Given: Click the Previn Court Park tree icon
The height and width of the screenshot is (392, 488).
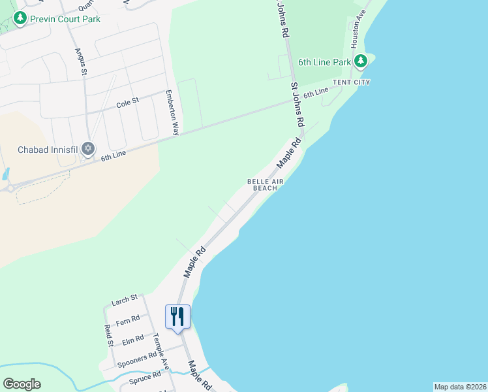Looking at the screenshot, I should (x=21, y=18).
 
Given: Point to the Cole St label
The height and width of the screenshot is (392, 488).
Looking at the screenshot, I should (x=128, y=102).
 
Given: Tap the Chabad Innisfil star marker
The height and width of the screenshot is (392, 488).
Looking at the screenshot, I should (x=88, y=150).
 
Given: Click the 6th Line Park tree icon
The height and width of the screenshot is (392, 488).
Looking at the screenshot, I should (x=361, y=62).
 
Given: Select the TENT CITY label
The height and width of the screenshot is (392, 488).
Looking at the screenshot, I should (x=352, y=82).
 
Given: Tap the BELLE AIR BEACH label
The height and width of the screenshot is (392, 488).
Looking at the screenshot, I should (x=262, y=184).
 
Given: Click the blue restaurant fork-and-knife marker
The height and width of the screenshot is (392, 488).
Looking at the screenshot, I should (x=177, y=318).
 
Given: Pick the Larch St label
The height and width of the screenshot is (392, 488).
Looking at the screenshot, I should (x=125, y=299).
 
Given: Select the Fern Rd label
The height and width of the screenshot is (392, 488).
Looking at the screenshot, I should (x=127, y=320).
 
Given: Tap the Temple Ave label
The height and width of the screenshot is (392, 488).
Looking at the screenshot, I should (x=160, y=351).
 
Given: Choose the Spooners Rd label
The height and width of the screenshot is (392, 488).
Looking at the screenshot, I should (x=134, y=360).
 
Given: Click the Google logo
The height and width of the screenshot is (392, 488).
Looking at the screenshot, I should (x=22, y=384).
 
